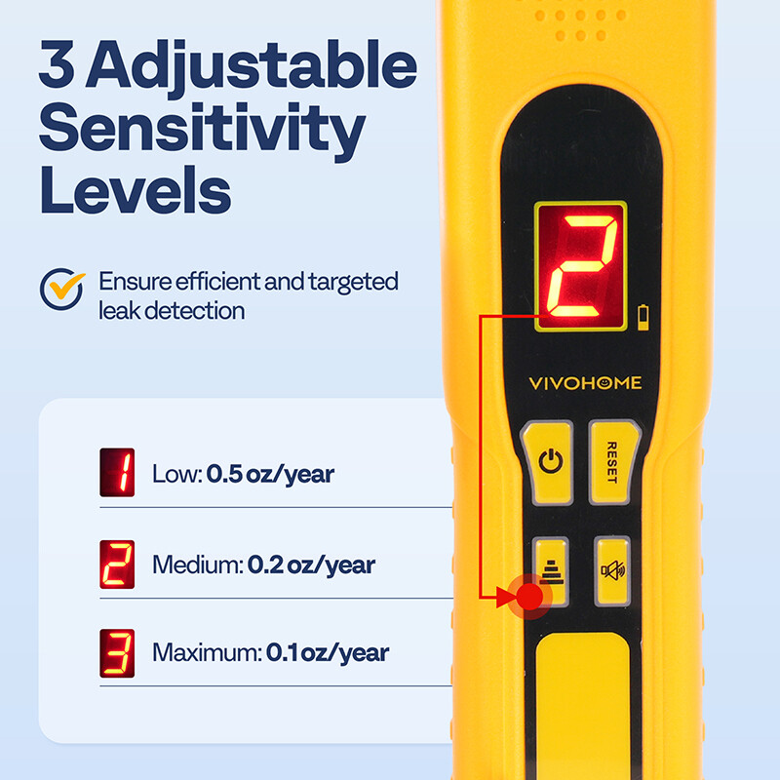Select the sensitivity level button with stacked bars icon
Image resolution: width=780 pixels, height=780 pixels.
552,566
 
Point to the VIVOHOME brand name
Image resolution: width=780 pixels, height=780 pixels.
585,384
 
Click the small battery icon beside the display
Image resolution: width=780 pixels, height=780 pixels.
641,314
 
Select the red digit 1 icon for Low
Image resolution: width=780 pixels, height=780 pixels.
117,473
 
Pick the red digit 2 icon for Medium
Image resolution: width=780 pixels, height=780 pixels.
117,563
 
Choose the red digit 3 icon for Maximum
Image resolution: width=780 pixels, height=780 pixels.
117,652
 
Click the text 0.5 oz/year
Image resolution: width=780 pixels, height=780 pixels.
270,475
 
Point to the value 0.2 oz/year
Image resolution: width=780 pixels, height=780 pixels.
311,565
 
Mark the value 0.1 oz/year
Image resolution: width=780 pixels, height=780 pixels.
328,653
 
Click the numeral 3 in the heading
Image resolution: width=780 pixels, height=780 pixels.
60,64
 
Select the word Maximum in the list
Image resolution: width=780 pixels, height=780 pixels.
207,653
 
